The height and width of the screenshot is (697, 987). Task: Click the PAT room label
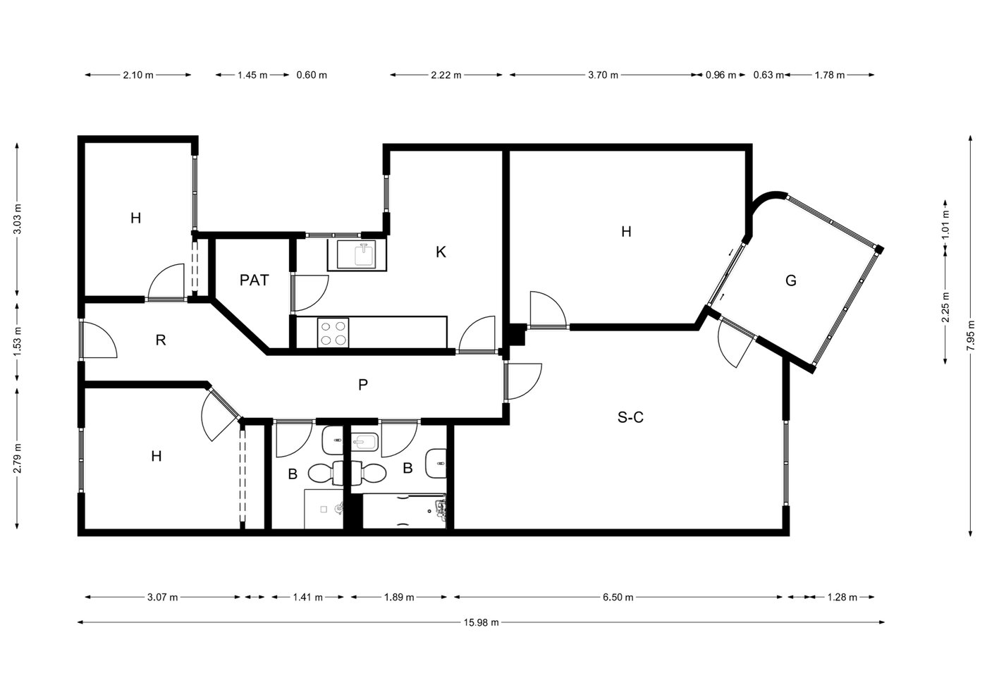click(x=255, y=280)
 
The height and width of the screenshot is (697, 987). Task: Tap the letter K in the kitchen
click(x=441, y=252)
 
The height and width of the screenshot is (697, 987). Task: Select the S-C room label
click(x=630, y=417)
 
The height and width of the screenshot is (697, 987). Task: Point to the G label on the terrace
click(x=791, y=280)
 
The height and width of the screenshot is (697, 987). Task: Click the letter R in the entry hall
click(x=161, y=340)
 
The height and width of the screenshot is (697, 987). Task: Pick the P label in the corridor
click(x=362, y=385)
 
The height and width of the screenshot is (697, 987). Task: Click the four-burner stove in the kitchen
click(x=333, y=333)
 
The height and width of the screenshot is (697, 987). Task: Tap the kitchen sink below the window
click(x=357, y=254)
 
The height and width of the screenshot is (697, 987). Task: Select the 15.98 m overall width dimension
click(x=481, y=622)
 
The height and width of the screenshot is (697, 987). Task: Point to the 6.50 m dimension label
click(x=618, y=598)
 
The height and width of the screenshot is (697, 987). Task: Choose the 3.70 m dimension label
click(x=603, y=75)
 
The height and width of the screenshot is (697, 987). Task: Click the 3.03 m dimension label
click(x=17, y=219)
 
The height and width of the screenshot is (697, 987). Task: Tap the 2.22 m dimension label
click(x=446, y=75)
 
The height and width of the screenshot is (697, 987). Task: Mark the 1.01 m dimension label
click(x=945, y=224)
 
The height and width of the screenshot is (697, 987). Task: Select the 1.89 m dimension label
click(x=399, y=598)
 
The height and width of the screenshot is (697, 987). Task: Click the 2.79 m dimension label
click(x=17, y=458)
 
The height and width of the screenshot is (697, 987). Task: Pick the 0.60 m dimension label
click(x=312, y=75)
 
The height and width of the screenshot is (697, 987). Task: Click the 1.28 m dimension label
click(x=842, y=598)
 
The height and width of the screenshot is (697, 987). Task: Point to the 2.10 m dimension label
click(x=138, y=75)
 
